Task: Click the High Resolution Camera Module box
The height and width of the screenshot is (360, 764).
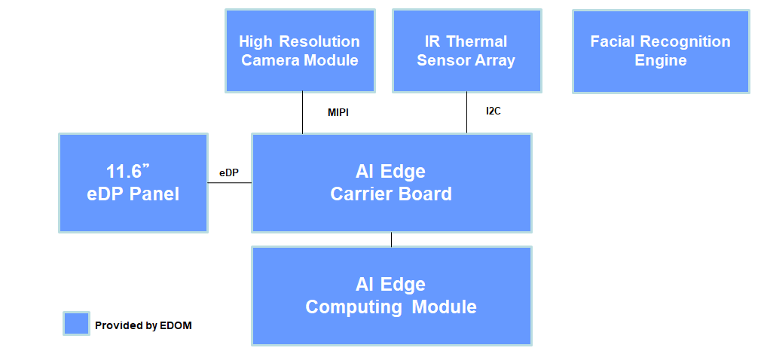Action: coord(300,50)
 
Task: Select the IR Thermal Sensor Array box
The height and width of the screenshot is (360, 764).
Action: coord(466,50)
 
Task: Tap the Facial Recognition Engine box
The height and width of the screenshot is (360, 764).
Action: coord(661,51)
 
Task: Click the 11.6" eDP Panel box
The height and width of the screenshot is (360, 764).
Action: coord(133,183)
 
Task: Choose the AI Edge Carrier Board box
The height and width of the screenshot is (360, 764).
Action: coord(391,183)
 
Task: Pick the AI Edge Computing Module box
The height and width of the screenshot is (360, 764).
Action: coord(391,296)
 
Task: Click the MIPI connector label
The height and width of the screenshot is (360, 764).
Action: coord(338,113)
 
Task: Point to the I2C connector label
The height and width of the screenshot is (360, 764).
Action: coord(493,111)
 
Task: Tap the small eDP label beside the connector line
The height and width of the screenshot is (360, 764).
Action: coord(229,172)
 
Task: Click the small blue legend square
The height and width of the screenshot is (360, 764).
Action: coord(76,324)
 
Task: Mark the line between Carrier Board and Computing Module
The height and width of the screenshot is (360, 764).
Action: coord(391,239)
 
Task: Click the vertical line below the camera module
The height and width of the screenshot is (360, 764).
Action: coord(302,113)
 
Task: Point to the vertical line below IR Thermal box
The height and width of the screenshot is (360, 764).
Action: coord(466,113)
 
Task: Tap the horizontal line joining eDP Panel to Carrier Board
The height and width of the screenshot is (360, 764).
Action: coord(230,183)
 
